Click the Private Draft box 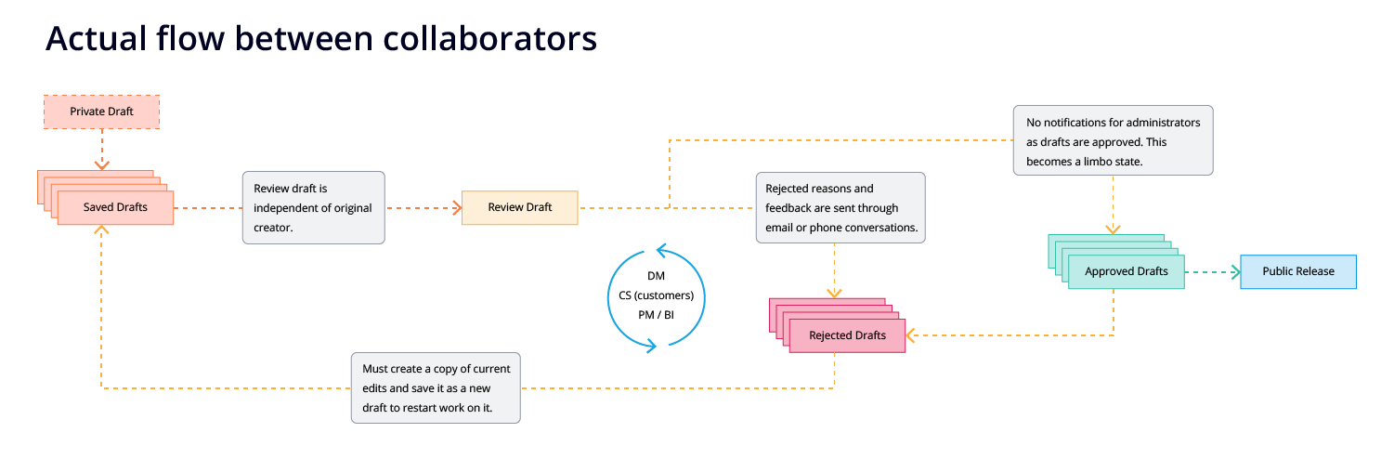pyautogui.click(x=101, y=111)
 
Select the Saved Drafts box pyautogui.click(x=115, y=207)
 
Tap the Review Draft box pyautogui.click(x=519, y=207)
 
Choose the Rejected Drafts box pyautogui.click(x=847, y=335)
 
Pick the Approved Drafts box pyautogui.click(x=1126, y=271)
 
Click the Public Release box pyautogui.click(x=1297, y=271)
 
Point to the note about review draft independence pyautogui.click(x=313, y=207)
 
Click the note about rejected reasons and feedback pyautogui.click(x=840, y=207)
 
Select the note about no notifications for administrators pyautogui.click(x=1113, y=140)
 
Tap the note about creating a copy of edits pyautogui.click(x=436, y=387)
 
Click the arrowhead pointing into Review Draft pyautogui.click(x=456, y=207)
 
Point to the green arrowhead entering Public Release pyautogui.click(x=1234, y=272)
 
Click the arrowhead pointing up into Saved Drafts pyautogui.click(x=101, y=230)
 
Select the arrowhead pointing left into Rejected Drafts pyautogui.click(x=912, y=334)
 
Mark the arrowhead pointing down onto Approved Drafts pyautogui.click(x=1113, y=229)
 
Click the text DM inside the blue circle pyautogui.click(x=656, y=276)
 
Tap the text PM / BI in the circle pyautogui.click(x=656, y=315)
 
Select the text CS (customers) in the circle pyautogui.click(x=656, y=295)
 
